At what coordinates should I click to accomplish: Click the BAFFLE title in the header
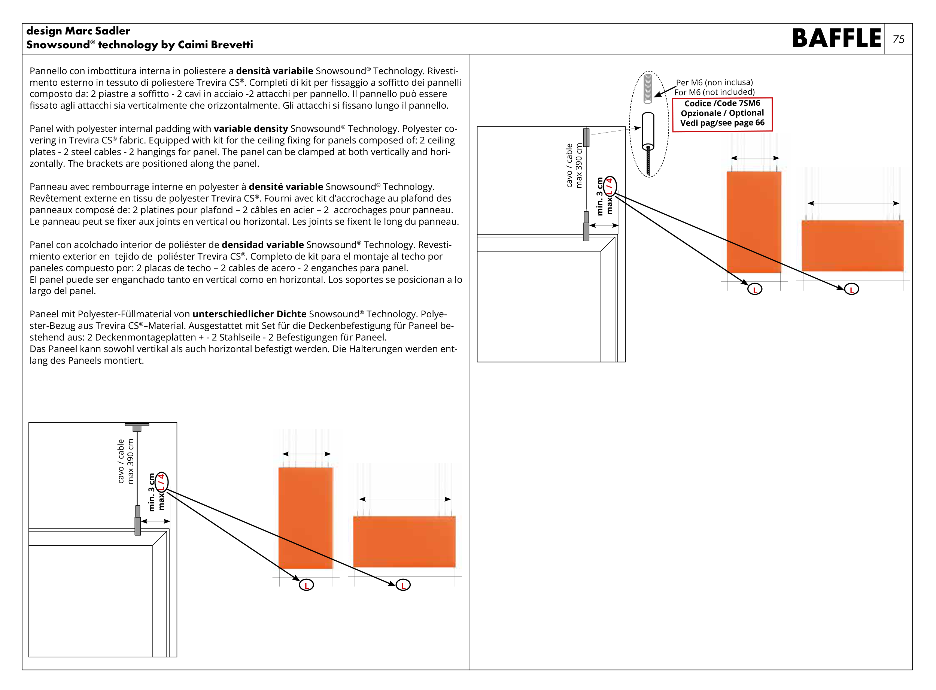(x=836, y=39)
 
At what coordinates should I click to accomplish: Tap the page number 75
(x=898, y=39)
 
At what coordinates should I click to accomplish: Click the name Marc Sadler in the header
(x=98, y=31)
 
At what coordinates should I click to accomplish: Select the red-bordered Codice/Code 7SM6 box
(x=722, y=114)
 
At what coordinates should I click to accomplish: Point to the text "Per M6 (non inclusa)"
(x=714, y=82)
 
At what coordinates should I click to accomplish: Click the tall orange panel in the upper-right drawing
(x=753, y=221)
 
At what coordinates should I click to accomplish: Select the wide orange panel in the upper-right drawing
(x=852, y=246)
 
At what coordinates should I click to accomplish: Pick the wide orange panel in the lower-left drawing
(x=404, y=541)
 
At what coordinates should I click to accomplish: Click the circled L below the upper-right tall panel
(x=754, y=289)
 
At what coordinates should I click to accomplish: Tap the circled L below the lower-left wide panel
(x=403, y=585)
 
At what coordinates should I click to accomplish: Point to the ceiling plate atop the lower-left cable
(x=137, y=425)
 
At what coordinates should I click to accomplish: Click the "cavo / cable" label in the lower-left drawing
(x=121, y=461)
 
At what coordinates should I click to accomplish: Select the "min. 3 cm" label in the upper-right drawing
(x=600, y=196)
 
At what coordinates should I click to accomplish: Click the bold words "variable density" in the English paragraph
(x=250, y=128)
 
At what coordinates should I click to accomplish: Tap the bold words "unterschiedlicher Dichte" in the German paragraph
(x=249, y=314)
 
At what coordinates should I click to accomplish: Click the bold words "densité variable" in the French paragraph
(x=286, y=187)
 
